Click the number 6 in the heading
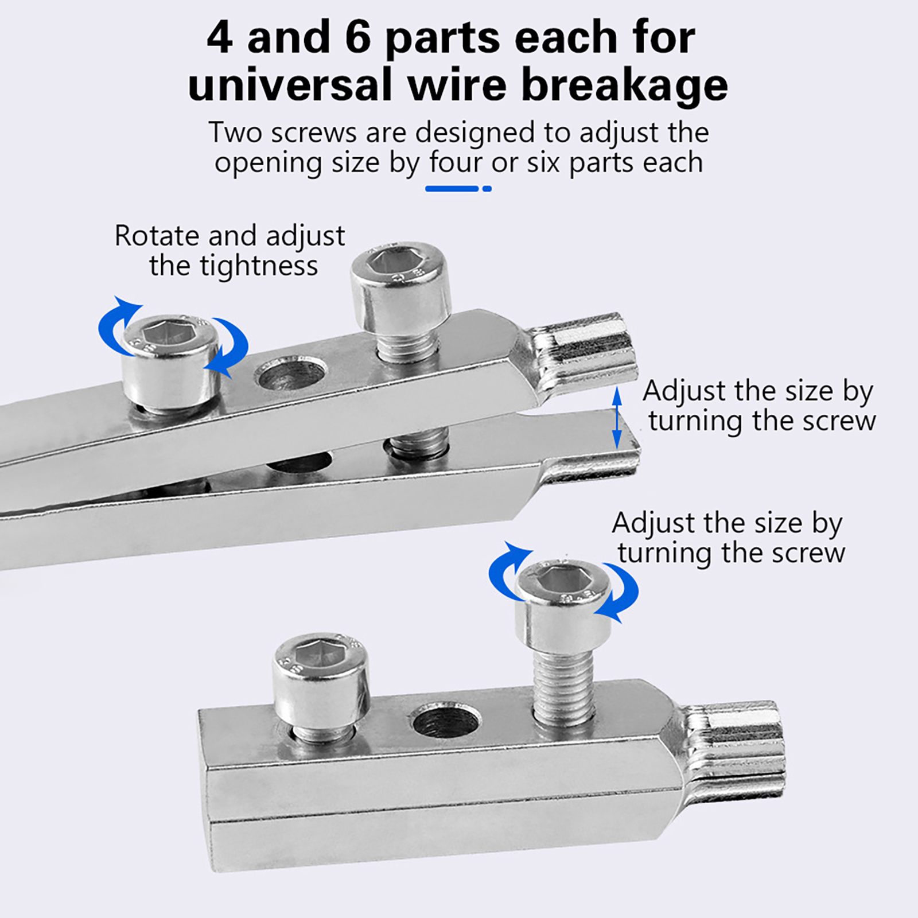point(358,37)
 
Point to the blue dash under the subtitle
point(452,189)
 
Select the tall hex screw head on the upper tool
point(400,290)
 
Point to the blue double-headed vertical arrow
point(617,417)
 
